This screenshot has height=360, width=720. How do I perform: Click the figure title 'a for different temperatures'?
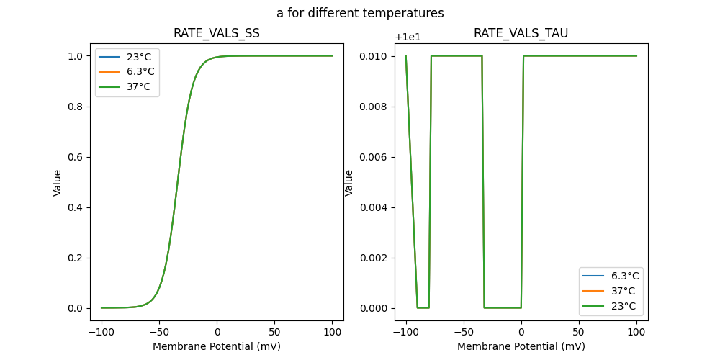tap(360, 13)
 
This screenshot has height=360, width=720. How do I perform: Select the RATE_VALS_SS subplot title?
tap(217, 33)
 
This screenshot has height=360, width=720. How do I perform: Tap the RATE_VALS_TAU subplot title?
tap(521, 33)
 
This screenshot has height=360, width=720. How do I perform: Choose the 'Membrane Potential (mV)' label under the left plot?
tap(217, 346)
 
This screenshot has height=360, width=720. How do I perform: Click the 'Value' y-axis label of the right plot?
tap(349, 183)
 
